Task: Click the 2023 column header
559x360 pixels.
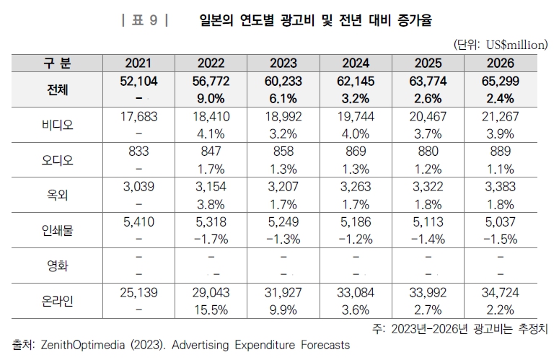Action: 282,63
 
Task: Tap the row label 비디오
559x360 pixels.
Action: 56,124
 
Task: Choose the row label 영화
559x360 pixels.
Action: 56,265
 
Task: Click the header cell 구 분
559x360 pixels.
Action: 56,63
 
